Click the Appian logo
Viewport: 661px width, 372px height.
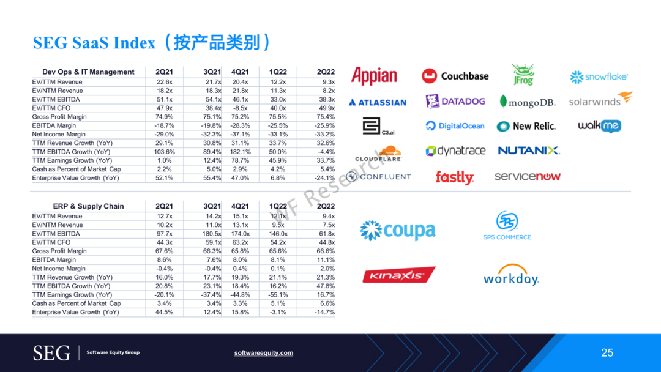(x=374, y=76)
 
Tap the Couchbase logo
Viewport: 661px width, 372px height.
(x=455, y=76)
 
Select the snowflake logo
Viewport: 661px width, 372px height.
(x=599, y=76)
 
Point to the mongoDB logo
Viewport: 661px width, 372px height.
(x=528, y=102)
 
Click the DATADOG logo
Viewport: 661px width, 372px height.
(x=455, y=102)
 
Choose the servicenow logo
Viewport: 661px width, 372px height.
(x=528, y=177)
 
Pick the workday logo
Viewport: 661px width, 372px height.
(x=511, y=275)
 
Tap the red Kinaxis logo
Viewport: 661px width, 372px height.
(x=399, y=275)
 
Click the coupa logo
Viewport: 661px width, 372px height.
(x=398, y=231)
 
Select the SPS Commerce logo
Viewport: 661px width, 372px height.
(x=507, y=225)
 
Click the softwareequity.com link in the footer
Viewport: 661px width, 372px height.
(x=263, y=353)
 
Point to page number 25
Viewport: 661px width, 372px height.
(x=607, y=353)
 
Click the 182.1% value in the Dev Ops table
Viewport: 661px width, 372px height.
(x=241, y=152)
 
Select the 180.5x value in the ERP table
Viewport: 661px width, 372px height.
(x=212, y=233)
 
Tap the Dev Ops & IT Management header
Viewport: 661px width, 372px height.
(x=88, y=72)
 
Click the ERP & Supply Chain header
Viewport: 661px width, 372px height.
(x=89, y=206)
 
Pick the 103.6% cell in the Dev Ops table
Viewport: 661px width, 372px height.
(x=165, y=152)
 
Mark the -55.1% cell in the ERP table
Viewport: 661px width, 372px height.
(x=278, y=295)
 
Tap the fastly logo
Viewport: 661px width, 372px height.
(x=454, y=177)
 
